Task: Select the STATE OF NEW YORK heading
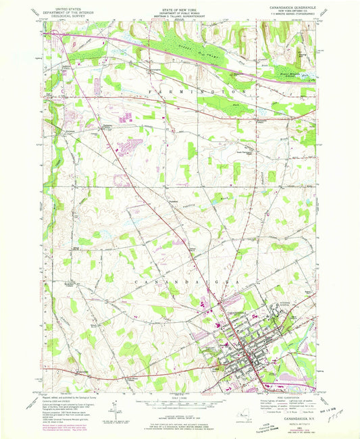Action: tap(180, 5)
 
